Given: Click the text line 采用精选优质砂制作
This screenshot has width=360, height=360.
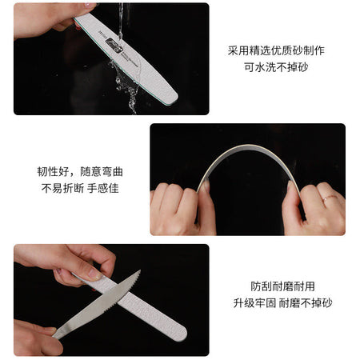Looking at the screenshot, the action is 276,50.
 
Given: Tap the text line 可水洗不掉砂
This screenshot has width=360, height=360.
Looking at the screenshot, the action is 276,67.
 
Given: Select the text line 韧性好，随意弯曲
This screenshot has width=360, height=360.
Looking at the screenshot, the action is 80,171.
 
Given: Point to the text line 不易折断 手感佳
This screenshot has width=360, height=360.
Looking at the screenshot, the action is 80,188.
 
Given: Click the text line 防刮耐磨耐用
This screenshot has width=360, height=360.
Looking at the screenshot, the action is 282,286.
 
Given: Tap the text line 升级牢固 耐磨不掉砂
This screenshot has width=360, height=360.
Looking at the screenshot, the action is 282,303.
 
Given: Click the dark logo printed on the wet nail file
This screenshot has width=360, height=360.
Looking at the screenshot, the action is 114,46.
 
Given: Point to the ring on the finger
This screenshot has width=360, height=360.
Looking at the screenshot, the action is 330,198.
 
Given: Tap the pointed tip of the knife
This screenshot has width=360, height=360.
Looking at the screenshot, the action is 140,270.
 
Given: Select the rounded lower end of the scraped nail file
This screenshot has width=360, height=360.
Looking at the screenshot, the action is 182,334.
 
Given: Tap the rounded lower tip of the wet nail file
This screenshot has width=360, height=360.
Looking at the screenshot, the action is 174,99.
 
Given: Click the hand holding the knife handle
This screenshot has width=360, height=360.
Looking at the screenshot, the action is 34,338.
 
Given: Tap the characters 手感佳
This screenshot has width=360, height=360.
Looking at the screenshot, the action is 103,188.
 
